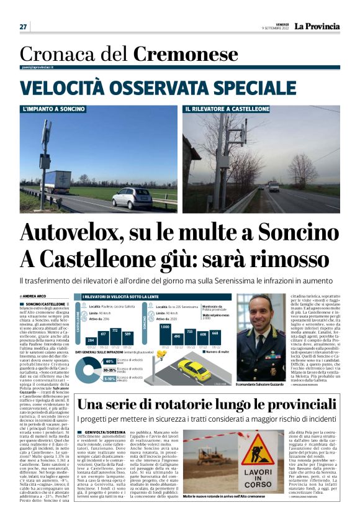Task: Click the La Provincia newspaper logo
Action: point(317,26)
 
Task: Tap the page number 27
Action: point(23,27)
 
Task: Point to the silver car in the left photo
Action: point(132,198)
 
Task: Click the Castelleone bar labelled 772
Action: point(114,338)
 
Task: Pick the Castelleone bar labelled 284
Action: point(90,342)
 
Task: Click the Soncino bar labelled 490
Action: point(176,340)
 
